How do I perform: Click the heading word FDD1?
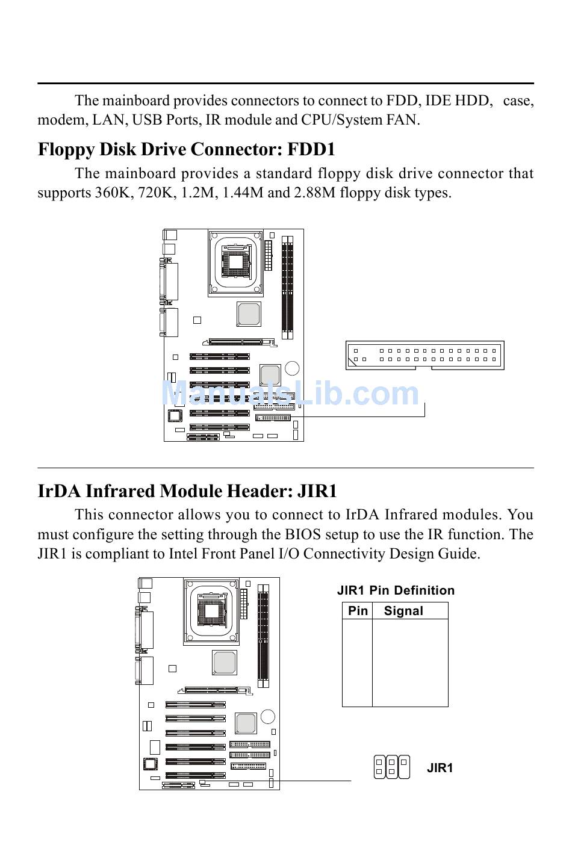(311, 149)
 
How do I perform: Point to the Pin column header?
(358, 611)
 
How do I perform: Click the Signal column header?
(403, 611)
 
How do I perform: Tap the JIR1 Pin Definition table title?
(396, 590)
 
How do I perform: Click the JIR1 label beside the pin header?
(440, 768)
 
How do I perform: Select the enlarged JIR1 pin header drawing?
(391, 767)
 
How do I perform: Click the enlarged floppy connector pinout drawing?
(425, 355)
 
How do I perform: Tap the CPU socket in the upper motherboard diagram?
(236, 262)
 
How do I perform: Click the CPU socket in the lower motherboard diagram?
(211, 611)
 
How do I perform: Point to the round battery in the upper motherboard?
(292, 368)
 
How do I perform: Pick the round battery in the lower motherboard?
(268, 716)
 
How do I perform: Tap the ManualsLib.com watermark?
(290, 394)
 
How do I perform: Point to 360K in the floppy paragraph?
(110, 193)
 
